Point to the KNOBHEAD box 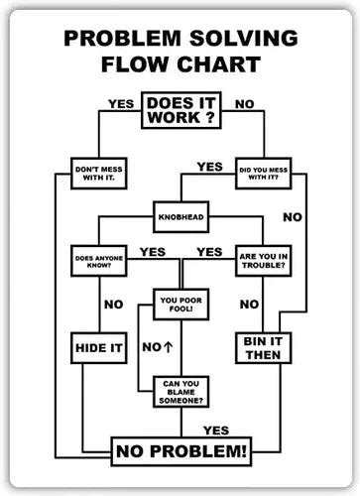click(180, 215)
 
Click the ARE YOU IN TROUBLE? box click(262, 261)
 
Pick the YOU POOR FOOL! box click(180, 306)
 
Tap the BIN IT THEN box click(262, 347)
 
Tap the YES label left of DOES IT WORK click(120, 102)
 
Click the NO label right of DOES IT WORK click(244, 102)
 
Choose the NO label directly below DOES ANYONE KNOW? click(113, 304)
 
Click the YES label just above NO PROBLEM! click(215, 431)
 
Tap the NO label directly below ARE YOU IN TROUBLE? click(250, 304)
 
